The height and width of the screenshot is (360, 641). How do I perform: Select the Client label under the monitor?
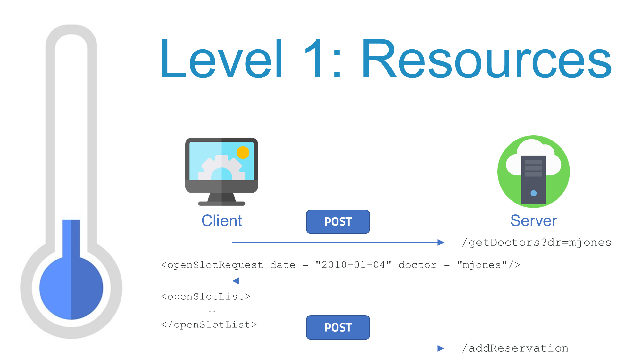221,221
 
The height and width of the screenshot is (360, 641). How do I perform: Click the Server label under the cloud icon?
534,221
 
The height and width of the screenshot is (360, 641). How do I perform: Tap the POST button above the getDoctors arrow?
338,221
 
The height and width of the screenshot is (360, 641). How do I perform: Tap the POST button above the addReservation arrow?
338,327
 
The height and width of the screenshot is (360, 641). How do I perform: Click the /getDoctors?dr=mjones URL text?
537,243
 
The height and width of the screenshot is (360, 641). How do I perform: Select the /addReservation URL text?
515,348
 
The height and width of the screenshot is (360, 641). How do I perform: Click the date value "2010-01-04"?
353,265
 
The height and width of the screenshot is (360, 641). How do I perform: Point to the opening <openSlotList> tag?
205,297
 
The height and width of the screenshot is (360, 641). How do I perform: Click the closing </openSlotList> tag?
209,325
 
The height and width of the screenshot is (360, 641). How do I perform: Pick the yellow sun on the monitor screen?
243,153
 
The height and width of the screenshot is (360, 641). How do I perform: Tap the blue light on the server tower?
534,193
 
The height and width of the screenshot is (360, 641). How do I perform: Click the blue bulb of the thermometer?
71,288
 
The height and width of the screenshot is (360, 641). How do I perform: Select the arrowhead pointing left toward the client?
236,281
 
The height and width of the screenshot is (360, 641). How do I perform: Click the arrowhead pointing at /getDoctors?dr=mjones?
441,243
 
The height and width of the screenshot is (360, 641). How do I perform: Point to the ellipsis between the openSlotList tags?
212,311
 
